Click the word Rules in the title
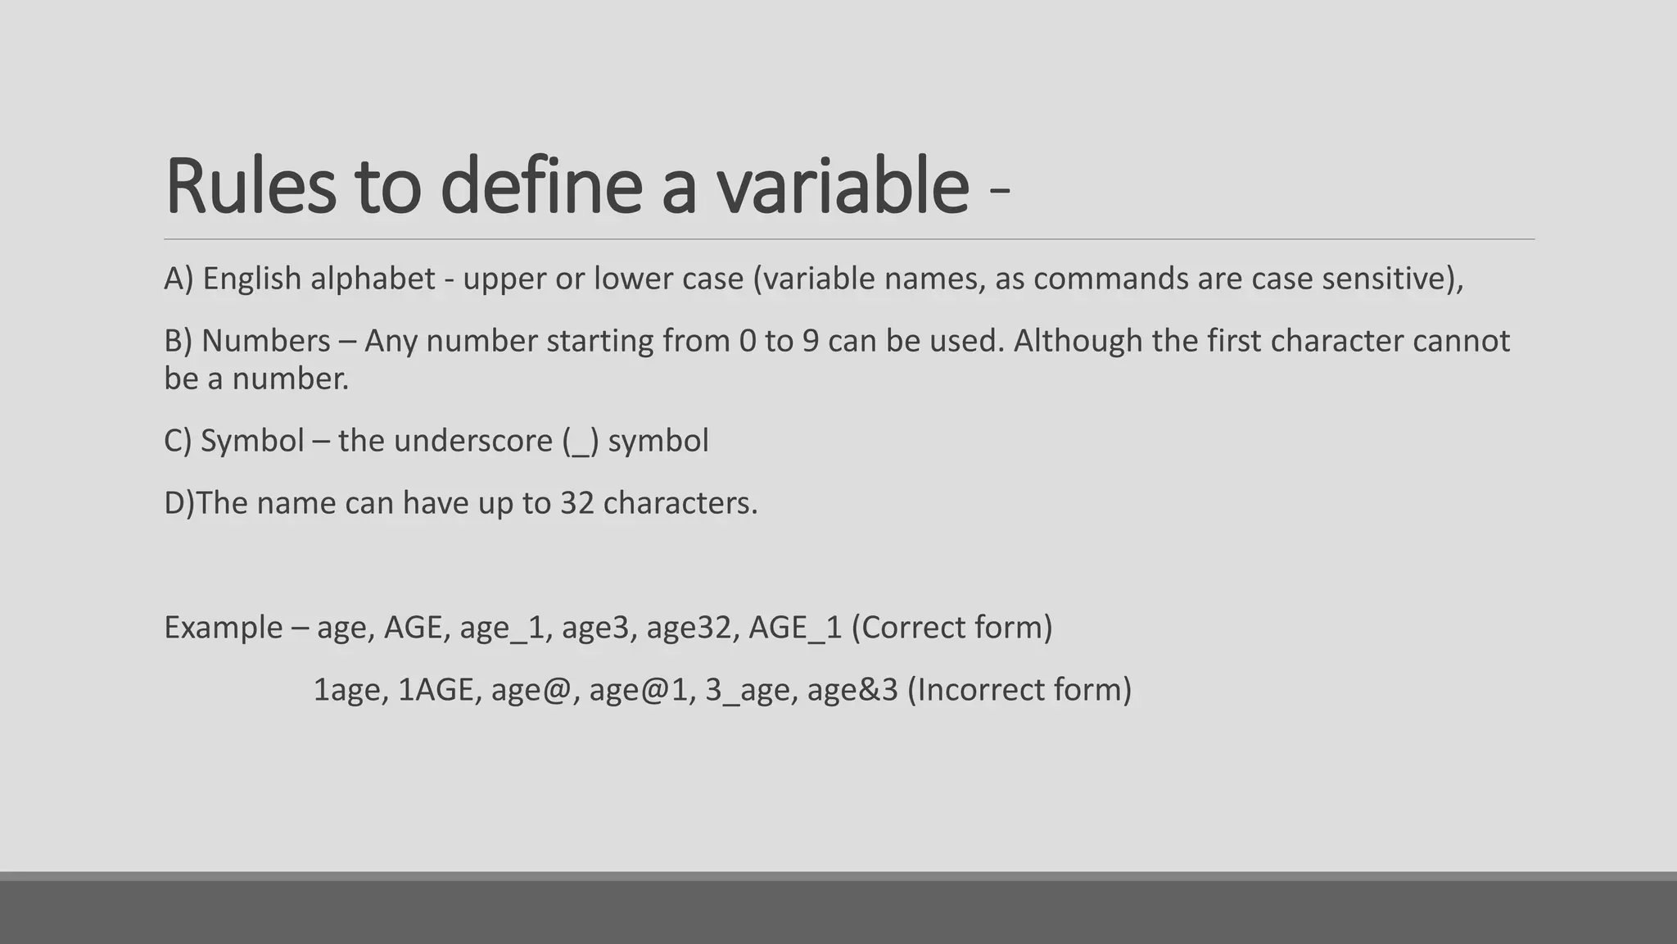point(250,186)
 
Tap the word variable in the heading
point(843,186)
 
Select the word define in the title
point(540,186)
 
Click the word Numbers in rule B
point(266,341)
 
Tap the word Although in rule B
point(1078,341)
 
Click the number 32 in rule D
point(577,503)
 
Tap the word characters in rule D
point(680,503)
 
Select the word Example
point(223,628)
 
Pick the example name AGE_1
point(795,628)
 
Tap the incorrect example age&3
point(852,690)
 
